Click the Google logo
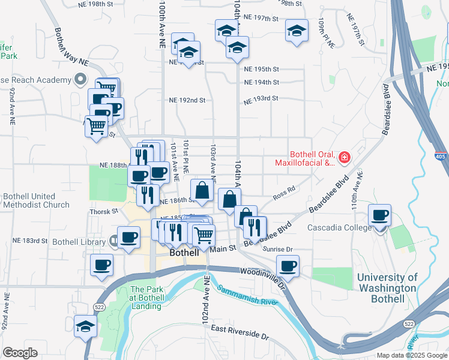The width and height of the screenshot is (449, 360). pyautogui.click(x=20, y=353)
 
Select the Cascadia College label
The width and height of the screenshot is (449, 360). pyautogui.click(x=335, y=228)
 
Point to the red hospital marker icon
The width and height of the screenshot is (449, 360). pyautogui.click(x=345, y=158)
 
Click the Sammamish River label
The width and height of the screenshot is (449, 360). pyautogui.click(x=247, y=296)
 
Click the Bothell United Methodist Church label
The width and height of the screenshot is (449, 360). pyautogui.click(x=36, y=200)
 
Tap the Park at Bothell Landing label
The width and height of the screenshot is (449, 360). pyautogui.click(x=145, y=298)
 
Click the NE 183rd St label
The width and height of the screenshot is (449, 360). pyautogui.click(x=29, y=241)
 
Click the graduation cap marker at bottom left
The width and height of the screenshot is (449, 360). pyautogui.click(x=85, y=327)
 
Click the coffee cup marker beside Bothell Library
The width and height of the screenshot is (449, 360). pyautogui.click(x=129, y=238)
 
